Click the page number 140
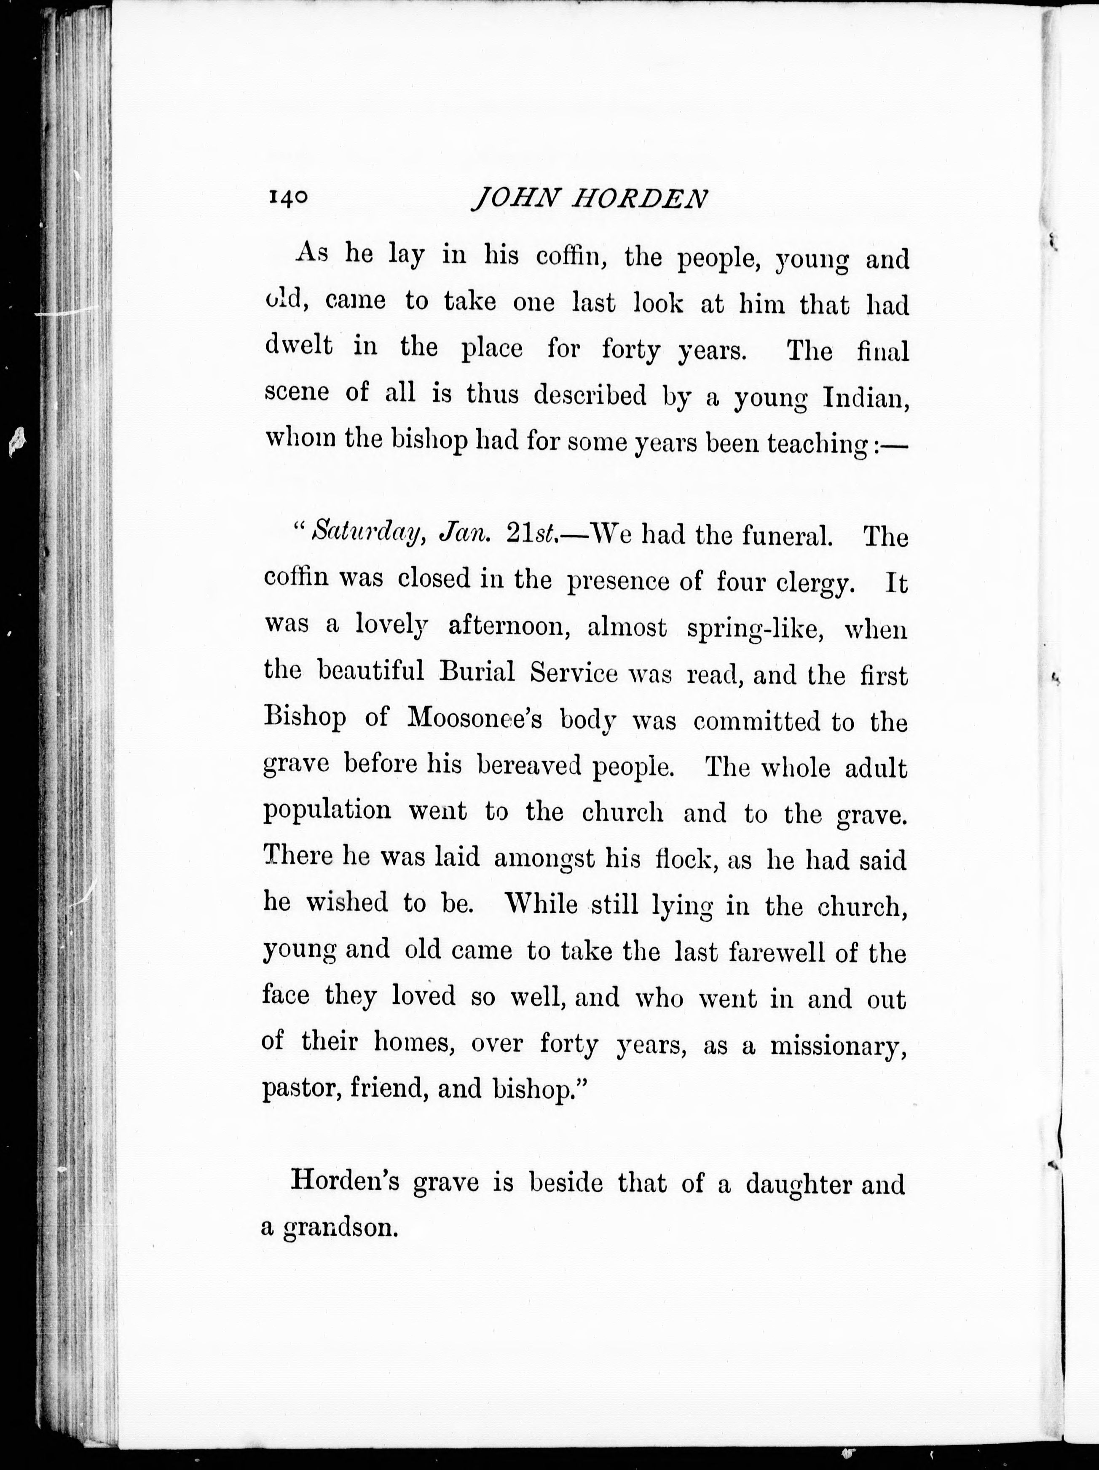tap(288, 198)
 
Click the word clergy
tap(815, 583)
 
